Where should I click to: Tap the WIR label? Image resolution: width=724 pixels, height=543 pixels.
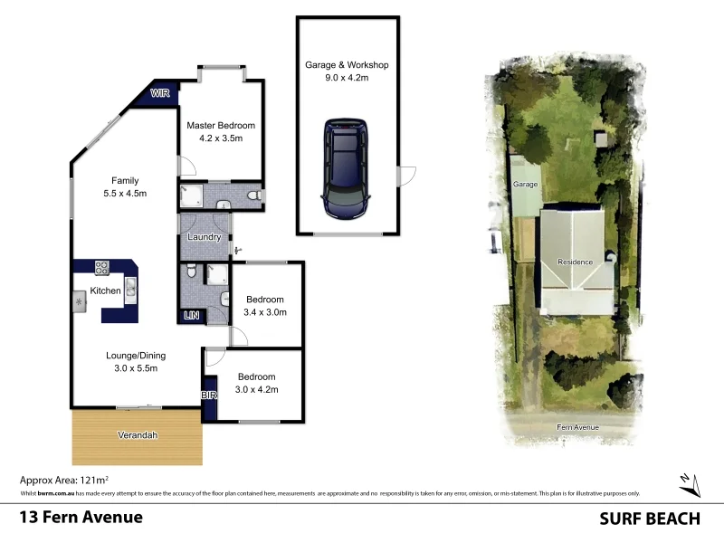click(x=159, y=93)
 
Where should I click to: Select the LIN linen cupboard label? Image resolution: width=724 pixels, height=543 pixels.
click(x=191, y=316)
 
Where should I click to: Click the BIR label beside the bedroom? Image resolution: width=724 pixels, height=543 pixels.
click(x=209, y=395)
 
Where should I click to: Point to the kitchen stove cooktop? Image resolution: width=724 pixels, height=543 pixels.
click(x=102, y=267)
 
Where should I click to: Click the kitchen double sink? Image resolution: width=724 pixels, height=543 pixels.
click(x=130, y=288)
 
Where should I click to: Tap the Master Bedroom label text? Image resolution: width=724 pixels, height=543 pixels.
click(x=220, y=126)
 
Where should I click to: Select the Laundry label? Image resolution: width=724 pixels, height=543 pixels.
click(x=204, y=237)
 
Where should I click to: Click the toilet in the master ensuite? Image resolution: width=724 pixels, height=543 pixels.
click(x=254, y=195)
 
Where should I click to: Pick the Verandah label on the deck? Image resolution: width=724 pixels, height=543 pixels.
click(x=138, y=435)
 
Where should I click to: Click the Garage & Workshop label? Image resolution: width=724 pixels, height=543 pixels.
click(x=347, y=65)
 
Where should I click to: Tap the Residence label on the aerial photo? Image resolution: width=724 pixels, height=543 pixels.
click(x=575, y=262)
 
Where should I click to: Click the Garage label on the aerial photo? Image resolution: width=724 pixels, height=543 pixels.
click(x=526, y=185)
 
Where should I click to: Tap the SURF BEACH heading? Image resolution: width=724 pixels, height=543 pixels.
click(x=650, y=519)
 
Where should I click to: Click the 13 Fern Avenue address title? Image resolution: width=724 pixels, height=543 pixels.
click(x=81, y=518)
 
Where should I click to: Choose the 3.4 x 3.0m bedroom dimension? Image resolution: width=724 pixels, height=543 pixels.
click(x=265, y=312)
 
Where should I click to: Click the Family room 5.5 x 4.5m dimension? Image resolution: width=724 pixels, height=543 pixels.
click(x=125, y=193)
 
